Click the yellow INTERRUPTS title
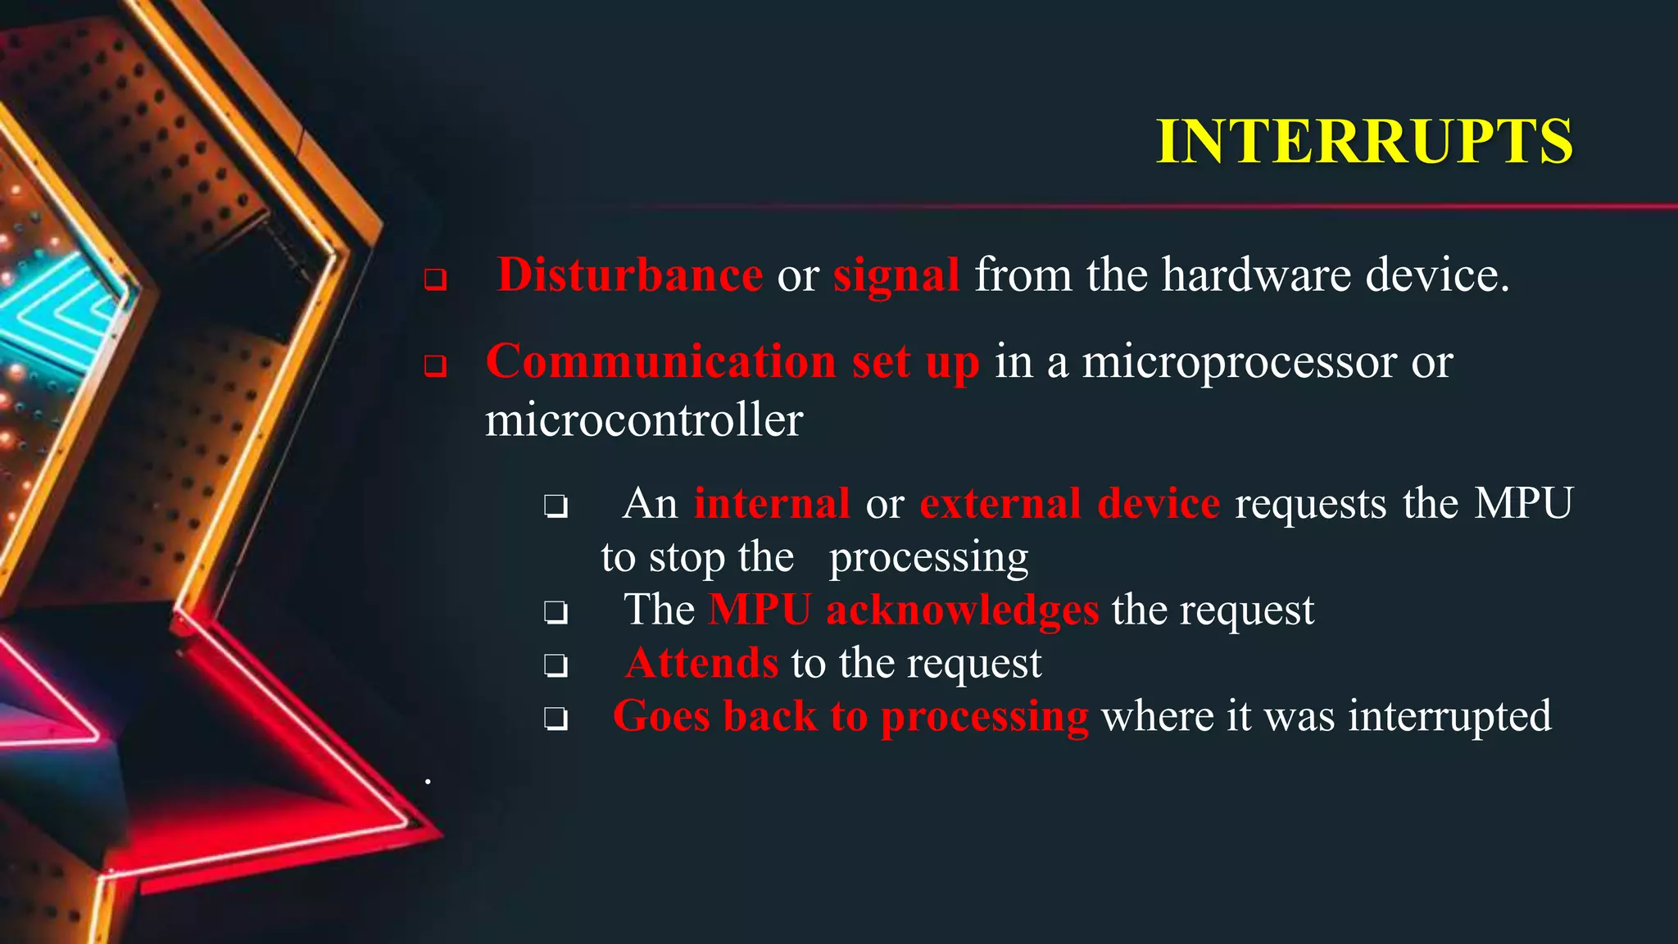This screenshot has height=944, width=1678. [x=1363, y=142]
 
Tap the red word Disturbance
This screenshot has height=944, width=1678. [x=629, y=275]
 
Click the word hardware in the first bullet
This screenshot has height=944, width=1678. [x=1256, y=275]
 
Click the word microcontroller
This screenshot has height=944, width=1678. [x=644, y=420]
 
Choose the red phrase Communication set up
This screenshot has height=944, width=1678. [x=732, y=361]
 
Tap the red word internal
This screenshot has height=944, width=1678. [x=771, y=503]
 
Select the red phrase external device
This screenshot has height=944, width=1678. [x=1069, y=503]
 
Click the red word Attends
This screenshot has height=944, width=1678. [x=701, y=663]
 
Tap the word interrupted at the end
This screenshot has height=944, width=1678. [x=1449, y=716]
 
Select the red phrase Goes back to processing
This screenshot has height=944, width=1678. [x=850, y=716]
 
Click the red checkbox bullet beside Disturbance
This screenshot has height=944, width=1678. [x=435, y=279]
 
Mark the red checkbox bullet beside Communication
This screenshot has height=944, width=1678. [x=435, y=365]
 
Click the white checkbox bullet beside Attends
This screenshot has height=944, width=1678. [x=556, y=665]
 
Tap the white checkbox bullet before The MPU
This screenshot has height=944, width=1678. [x=556, y=612]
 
